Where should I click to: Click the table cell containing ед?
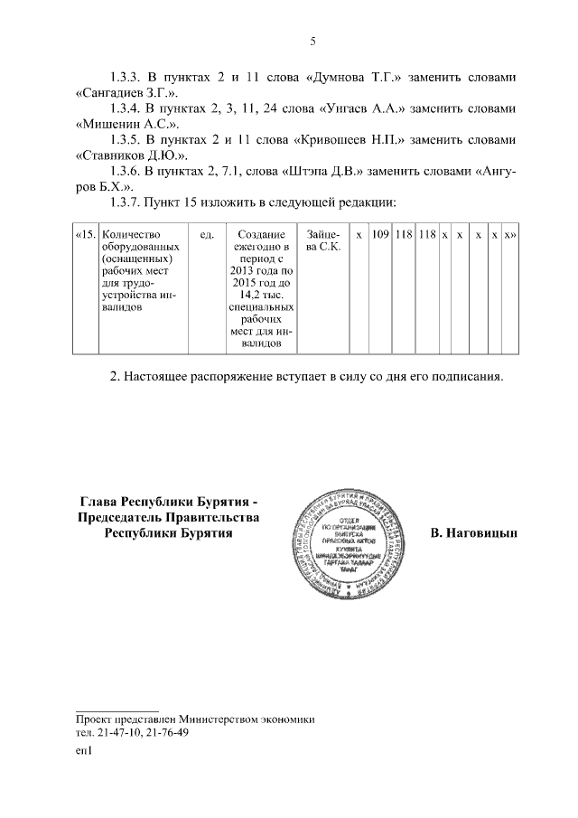tap(206, 235)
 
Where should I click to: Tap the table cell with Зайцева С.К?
tap(323, 241)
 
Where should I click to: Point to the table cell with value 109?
tap(380, 235)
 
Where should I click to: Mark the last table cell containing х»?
tap(509, 235)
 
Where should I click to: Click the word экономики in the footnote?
tap(284, 719)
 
